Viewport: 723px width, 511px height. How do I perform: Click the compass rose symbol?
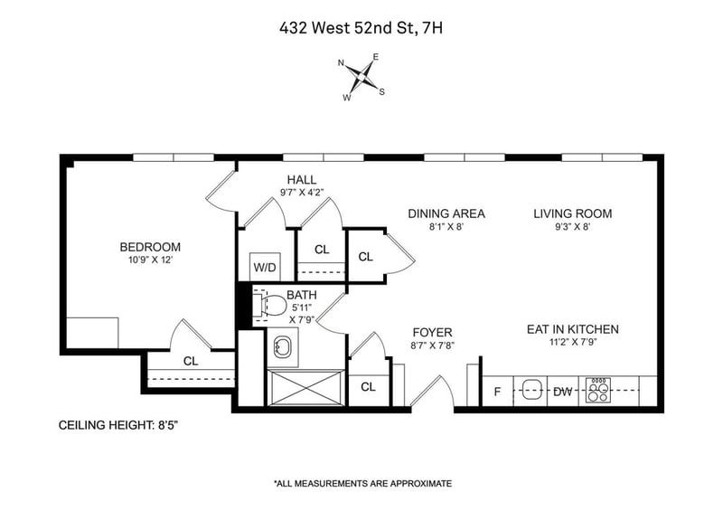pyautogui.click(x=361, y=75)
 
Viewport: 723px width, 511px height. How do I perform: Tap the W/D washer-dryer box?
pyautogui.click(x=265, y=268)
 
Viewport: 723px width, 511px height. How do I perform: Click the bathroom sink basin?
pyautogui.click(x=281, y=345)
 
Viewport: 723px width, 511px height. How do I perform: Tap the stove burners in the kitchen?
pyautogui.click(x=597, y=391)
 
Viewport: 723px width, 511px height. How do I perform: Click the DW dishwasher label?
pyautogui.click(x=562, y=392)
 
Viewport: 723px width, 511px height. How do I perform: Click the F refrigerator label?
pyautogui.click(x=497, y=392)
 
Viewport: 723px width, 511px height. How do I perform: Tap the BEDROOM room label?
pyautogui.click(x=150, y=247)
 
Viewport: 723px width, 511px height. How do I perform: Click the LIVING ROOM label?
pyautogui.click(x=572, y=214)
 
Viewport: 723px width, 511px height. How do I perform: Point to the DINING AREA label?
pyautogui.click(x=446, y=214)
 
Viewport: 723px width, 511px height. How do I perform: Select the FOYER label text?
pyautogui.click(x=432, y=333)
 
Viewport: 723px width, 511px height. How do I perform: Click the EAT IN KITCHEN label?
pyautogui.click(x=572, y=329)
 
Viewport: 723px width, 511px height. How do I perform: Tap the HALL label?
pyautogui.click(x=302, y=180)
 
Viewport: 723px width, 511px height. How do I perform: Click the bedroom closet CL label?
pyautogui.click(x=191, y=361)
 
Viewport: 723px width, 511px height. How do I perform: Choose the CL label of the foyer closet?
pyautogui.click(x=368, y=387)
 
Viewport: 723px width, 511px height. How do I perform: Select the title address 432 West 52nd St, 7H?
pyautogui.click(x=361, y=28)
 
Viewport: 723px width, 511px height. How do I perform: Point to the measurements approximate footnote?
pyautogui.click(x=361, y=484)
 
